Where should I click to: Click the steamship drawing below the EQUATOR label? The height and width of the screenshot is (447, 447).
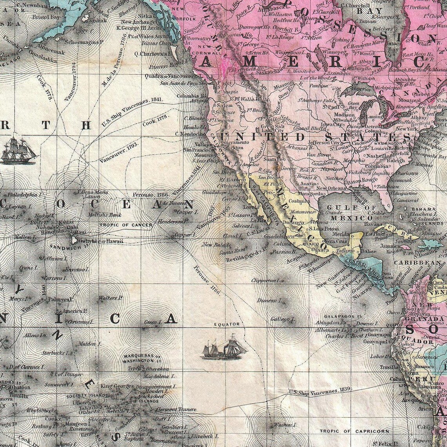click(x=223, y=348)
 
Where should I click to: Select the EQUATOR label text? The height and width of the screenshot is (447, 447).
click(x=227, y=325)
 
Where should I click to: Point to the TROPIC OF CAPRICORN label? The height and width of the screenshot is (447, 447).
click(x=354, y=431)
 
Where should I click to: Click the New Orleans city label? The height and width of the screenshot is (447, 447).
click(x=331, y=188)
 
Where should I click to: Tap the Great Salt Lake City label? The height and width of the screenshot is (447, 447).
click(x=273, y=129)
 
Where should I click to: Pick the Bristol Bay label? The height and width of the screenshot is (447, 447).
click(x=45, y=17)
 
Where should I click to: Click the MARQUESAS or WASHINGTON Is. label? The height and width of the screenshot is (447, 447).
click(x=143, y=358)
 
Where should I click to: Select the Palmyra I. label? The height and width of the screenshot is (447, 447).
click(x=61, y=300)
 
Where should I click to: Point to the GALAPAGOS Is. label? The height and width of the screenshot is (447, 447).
click(x=342, y=316)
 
